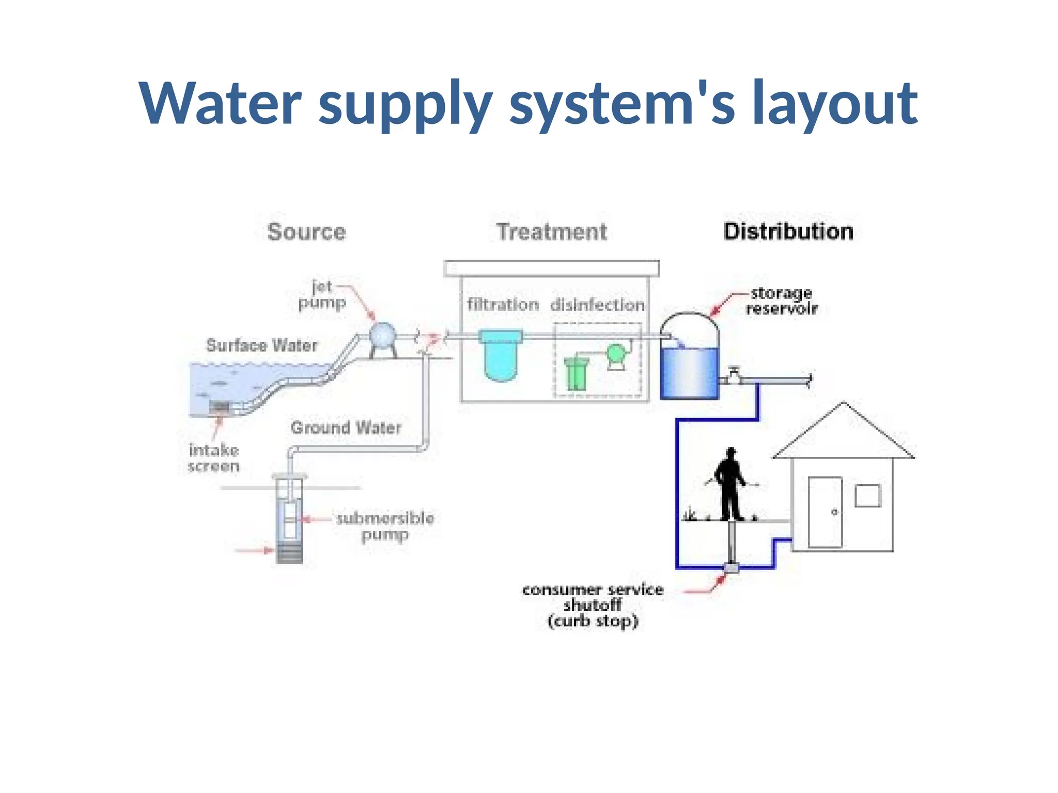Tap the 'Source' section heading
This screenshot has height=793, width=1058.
[306, 232]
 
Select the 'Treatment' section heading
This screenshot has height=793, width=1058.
[552, 232]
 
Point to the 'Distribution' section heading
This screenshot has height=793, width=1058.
[788, 231]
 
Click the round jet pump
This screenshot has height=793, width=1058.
[382, 336]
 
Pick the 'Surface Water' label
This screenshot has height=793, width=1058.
[261, 345]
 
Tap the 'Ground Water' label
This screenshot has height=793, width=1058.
[346, 427]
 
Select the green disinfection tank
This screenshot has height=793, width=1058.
[576, 374]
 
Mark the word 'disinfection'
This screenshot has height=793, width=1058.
[597, 305]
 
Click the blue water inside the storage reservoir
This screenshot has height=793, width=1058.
[690, 372]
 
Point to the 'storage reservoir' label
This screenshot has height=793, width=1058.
[781, 301]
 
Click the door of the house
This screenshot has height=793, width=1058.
[825, 512]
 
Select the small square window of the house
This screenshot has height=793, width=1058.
[868, 496]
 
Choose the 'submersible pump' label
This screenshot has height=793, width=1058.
[385, 526]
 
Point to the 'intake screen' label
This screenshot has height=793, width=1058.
[213, 458]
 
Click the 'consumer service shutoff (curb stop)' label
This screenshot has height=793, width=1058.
[593, 605]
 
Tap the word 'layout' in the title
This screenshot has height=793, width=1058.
[835, 103]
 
